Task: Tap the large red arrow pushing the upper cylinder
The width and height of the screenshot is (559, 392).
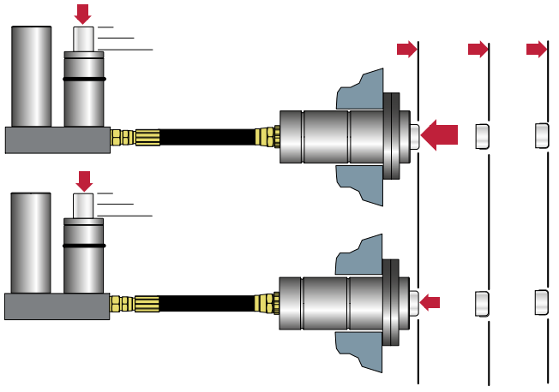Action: pyautogui.click(x=441, y=134)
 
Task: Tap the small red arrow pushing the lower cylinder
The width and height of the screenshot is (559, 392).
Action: pyautogui.click(x=430, y=301)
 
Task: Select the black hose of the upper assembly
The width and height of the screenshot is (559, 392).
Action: pyautogui.click(x=206, y=136)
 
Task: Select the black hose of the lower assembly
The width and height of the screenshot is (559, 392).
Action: pyautogui.click(x=206, y=302)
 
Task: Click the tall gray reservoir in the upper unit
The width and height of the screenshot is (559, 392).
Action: pyautogui.click(x=33, y=77)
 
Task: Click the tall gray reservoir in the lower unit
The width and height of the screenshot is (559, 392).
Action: pyautogui.click(x=32, y=244)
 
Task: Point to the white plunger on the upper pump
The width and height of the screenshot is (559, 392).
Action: pyautogui.click(x=83, y=39)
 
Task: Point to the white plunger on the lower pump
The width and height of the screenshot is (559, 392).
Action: pyautogui.click(x=83, y=205)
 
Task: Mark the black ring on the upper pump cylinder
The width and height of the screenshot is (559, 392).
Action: pyautogui.click(x=84, y=79)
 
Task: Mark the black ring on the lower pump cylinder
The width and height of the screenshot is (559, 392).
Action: pyautogui.click(x=84, y=245)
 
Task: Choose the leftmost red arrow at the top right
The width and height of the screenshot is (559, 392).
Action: pyautogui.click(x=406, y=50)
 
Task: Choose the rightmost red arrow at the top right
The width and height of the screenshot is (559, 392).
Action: pyautogui.click(x=537, y=50)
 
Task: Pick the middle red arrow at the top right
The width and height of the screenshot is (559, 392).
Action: pyautogui.click(x=478, y=50)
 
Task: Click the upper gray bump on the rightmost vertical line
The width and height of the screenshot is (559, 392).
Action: pyautogui.click(x=541, y=135)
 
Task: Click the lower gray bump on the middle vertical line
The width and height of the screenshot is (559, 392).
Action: pyautogui.click(x=482, y=302)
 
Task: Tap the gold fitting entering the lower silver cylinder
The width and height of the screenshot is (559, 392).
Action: pyautogui.click(x=269, y=302)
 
